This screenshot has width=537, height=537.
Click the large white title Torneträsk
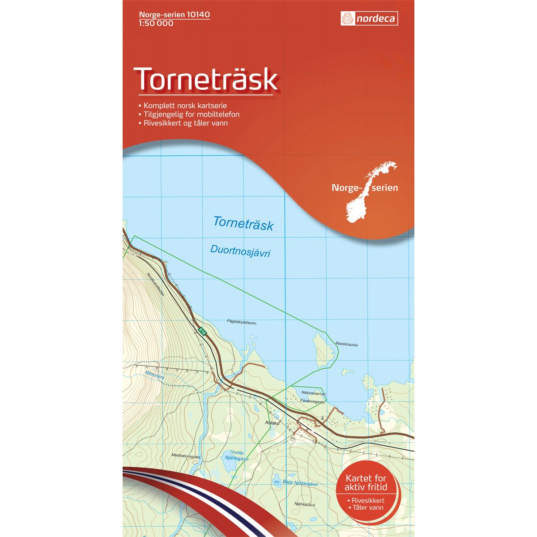tap(207, 79)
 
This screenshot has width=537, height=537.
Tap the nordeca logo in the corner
tap(369, 19)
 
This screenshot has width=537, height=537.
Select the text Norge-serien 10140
tap(171, 15)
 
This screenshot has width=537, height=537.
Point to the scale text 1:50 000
tap(155, 23)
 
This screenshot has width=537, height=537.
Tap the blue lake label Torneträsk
tap(243, 223)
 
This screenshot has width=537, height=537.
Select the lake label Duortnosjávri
tap(240, 251)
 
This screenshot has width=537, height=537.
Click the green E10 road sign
tap(202, 332)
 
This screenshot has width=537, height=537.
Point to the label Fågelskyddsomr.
tap(244, 322)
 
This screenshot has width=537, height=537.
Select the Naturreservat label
tap(313, 393)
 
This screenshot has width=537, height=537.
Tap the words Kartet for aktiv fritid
tap(366, 483)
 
